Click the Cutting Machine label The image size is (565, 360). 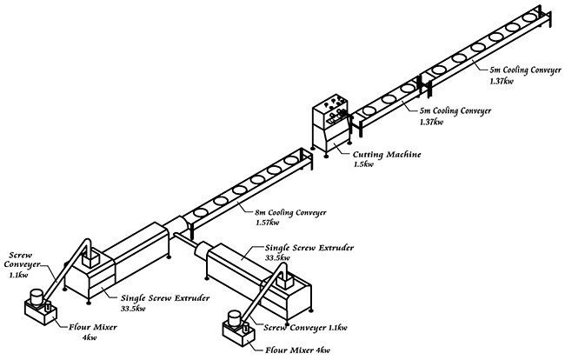click(x=387, y=155)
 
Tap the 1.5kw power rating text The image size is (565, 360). click(x=363, y=164)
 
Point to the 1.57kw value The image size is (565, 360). click(x=267, y=223)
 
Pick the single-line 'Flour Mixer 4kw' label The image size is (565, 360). click(x=297, y=350)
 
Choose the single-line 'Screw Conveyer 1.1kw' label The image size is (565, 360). click(x=305, y=328)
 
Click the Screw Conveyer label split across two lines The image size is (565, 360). click(x=22, y=260)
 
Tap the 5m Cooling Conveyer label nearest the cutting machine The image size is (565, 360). click(x=455, y=110)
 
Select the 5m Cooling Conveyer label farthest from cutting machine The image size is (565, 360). click(x=525, y=70)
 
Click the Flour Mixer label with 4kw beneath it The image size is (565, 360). click(x=93, y=328)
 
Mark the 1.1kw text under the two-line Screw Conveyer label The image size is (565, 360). click(x=19, y=276)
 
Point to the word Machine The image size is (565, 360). click(x=403, y=155)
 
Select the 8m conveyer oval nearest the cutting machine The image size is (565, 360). click(x=290, y=161)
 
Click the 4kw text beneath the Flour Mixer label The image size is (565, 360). click(x=90, y=337)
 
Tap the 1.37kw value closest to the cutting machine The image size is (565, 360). click(x=431, y=122)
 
